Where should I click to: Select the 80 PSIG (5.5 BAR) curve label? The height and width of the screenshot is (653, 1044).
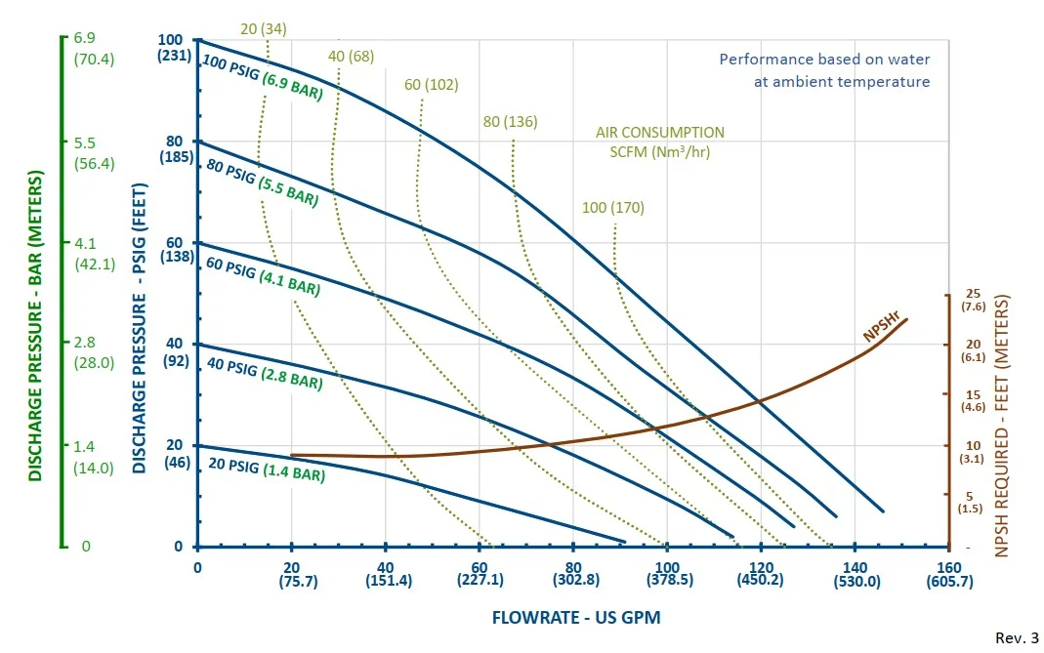pyautogui.click(x=262, y=183)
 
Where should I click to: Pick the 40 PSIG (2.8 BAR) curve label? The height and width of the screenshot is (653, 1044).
pyautogui.click(x=264, y=374)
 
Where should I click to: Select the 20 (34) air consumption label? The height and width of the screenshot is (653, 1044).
pyautogui.click(x=264, y=28)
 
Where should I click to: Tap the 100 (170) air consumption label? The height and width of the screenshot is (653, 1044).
pyautogui.click(x=612, y=207)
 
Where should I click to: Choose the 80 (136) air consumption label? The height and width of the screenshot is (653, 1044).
pyautogui.click(x=510, y=122)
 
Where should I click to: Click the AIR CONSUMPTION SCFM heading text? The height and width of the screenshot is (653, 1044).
pyautogui.click(x=660, y=142)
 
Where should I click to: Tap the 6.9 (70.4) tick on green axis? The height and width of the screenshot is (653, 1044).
pyautogui.click(x=94, y=48)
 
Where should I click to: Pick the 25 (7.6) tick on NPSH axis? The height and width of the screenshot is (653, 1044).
pyautogui.click(x=972, y=300)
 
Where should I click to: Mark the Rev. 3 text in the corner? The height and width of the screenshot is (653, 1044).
pyautogui.click(x=1016, y=638)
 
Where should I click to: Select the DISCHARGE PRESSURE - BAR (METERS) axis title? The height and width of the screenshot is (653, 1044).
pyautogui.click(x=35, y=326)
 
